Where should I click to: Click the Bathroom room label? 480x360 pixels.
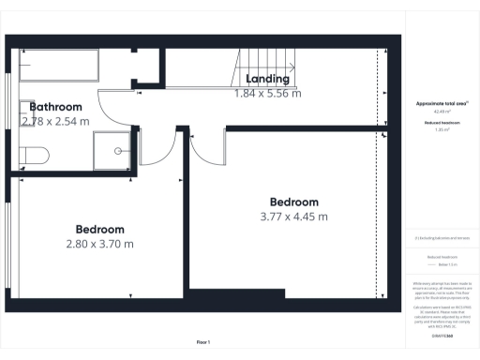pyautogui.click(x=55, y=107)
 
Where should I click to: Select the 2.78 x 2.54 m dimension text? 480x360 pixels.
pyautogui.click(x=55, y=121)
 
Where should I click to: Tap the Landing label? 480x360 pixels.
pyautogui.click(x=267, y=79)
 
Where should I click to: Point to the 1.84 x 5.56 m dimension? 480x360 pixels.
pyautogui.click(x=267, y=93)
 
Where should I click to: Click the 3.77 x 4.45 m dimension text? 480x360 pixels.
pyautogui.click(x=293, y=217)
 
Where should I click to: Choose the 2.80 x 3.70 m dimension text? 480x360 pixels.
pyautogui.click(x=99, y=244)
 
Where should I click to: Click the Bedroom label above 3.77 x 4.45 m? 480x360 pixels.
pyautogui.click(x=293, y=202)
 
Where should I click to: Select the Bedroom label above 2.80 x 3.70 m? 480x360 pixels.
pyautogui.click(x=99, y=229)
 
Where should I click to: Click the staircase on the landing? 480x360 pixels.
pyautogui.click(x=267, y=64)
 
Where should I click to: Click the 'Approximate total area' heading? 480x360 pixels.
pyautogui.click(x=441, y=102)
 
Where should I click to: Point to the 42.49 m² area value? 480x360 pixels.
pyautogui.click(x=441, y=111)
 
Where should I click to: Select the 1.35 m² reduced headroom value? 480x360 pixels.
pyautogui.click(x=441, y=131)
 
